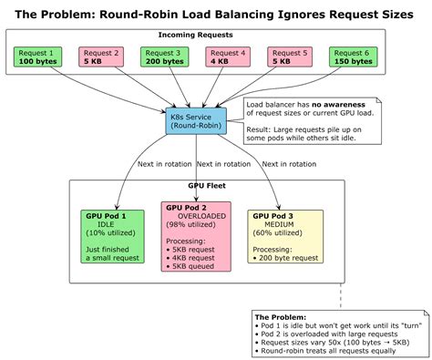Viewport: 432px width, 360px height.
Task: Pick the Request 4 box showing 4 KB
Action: [x=229, y=57]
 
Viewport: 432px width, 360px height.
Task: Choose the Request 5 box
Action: [x=293, y=57]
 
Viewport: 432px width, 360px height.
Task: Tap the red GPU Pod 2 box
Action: [x=195, y=236]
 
